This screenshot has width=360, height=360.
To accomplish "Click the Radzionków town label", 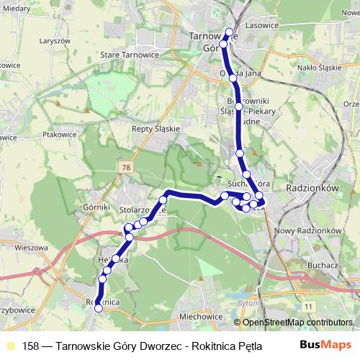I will coord(312,185).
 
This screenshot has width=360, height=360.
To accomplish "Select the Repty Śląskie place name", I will coord(155,129).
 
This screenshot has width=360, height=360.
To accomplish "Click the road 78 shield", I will coord(127,167).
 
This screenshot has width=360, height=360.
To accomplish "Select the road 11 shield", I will coord(308,307).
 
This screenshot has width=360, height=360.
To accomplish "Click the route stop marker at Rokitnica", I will coord(99,307).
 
